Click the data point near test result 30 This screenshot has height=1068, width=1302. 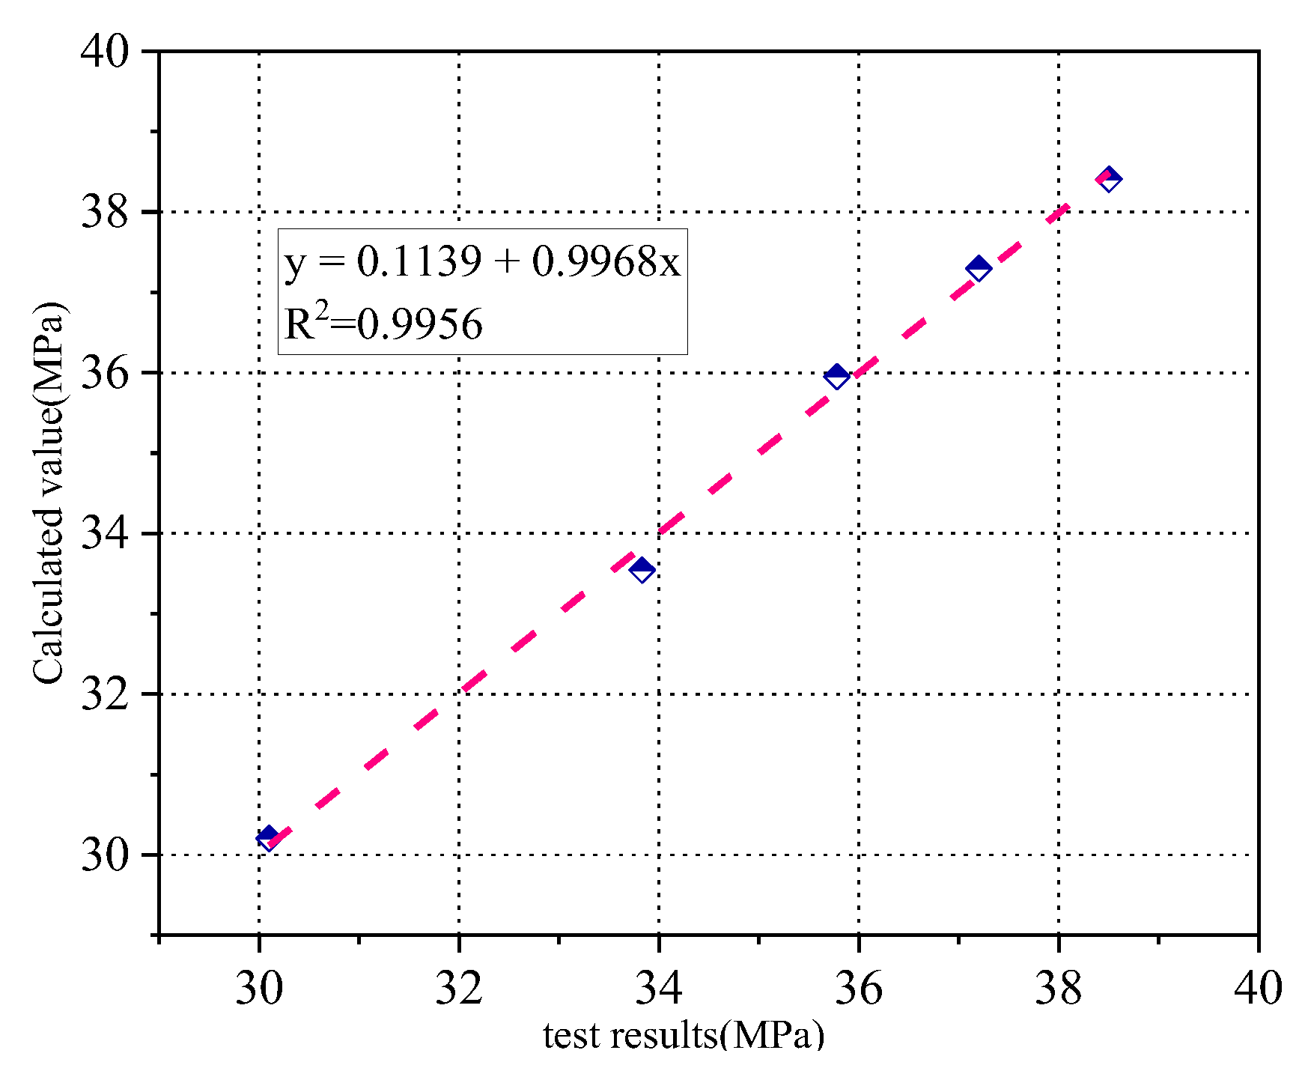(x=267, y=837)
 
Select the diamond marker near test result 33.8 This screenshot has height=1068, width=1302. (x=642, y=570)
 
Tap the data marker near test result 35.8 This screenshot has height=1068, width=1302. (x=836, y=376)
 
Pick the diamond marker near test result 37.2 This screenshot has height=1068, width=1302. (x=978, y=268)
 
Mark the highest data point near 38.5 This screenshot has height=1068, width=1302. (x=1109, y=179)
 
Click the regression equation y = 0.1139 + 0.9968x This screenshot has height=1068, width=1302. (x=482, y=262)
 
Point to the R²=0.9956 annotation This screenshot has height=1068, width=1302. (x=383, y=324)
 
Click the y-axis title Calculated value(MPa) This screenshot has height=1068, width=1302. (x=49, y=493)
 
